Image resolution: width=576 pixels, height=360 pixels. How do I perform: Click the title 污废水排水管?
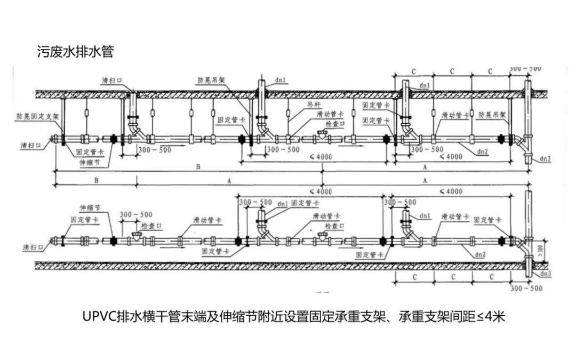pyautogui.click(x=75, y=52)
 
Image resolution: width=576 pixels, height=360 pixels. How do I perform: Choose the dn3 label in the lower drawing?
pyautogui.click(x=544, y=274)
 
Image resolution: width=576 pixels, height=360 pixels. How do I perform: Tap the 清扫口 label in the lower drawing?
pyautogui.click(x=33, y=249)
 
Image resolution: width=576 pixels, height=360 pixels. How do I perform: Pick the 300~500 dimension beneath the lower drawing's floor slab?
pyautogui.click(x=525, y=289)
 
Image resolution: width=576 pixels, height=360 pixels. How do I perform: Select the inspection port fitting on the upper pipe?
pyautogui.click(x=321, y=136)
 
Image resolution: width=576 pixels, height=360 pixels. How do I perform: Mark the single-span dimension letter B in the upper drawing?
pyautogui.click(x=96, y=181)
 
